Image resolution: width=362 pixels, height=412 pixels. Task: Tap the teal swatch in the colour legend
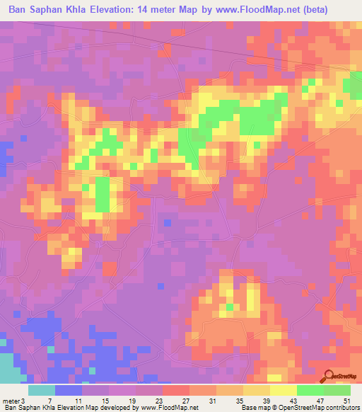pos(42,390)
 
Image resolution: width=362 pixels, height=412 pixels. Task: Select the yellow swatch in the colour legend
pos(284,390)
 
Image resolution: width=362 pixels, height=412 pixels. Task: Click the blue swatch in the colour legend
pos(69,390)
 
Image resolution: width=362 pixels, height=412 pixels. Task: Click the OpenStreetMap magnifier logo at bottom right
pos(329,375)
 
